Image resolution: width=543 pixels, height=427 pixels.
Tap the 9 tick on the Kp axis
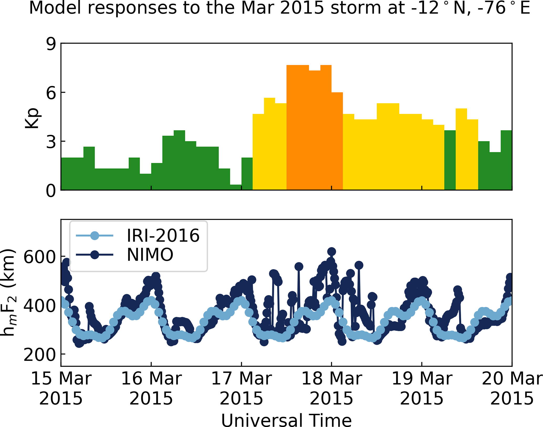(51, 44)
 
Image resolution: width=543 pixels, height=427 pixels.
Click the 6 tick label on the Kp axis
(51, 93)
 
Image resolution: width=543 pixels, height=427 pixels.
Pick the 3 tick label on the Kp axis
(51, 142)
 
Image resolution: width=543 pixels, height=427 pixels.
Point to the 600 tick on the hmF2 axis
(40, 257)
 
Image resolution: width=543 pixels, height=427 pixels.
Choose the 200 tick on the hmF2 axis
(40, 355)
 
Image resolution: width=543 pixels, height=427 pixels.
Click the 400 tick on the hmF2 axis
(40, 306)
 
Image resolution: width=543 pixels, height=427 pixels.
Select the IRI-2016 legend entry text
(163, 235)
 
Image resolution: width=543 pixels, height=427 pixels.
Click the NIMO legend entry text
(150, 255)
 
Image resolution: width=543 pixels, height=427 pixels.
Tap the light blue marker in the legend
(95, 235)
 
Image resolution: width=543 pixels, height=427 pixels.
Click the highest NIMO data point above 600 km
(332, 251)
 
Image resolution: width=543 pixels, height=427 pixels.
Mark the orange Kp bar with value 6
(337, 141)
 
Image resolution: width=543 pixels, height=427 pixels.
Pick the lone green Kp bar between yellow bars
(450, 160)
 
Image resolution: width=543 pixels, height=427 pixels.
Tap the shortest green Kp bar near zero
(236, 187)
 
